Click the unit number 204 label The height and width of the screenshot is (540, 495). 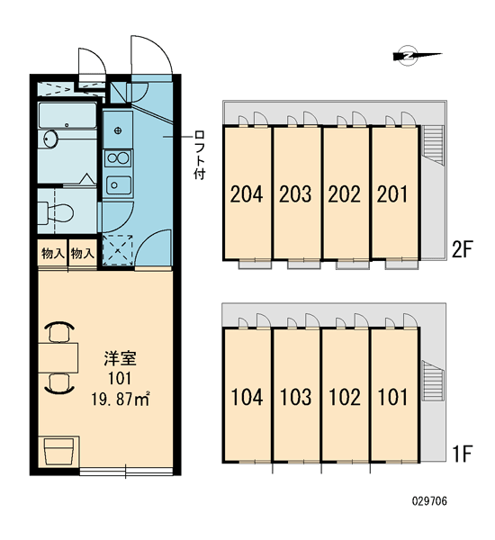tap(247, 193)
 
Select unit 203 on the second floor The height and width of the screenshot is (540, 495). tap(295, 193)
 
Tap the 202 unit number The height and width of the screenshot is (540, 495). tap(344, 193)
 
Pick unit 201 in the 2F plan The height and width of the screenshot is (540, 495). tap(392, 193)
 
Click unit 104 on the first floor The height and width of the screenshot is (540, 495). tap(247, 397)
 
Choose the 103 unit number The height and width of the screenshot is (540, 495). tap(296, 397)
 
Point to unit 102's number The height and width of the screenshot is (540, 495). tap(345, 397)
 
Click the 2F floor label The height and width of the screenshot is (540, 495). tap(462, 249)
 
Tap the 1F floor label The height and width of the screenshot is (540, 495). tap(463, 454)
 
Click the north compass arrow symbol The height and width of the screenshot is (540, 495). tap(417, 56)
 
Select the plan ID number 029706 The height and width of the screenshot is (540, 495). tap(429, 501)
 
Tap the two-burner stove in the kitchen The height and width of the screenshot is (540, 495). tap(118, 158)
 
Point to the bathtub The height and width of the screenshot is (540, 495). tap(67, 115)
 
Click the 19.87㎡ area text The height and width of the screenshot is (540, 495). tap(121, 400)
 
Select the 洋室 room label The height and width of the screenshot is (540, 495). tap(121, 358)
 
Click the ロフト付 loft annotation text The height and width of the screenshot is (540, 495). tap(199, 155)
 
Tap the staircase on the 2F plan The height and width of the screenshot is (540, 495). tap(432, 145)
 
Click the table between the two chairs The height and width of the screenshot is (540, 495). tap(58, 357)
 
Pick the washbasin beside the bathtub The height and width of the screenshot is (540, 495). tap(50, 139)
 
